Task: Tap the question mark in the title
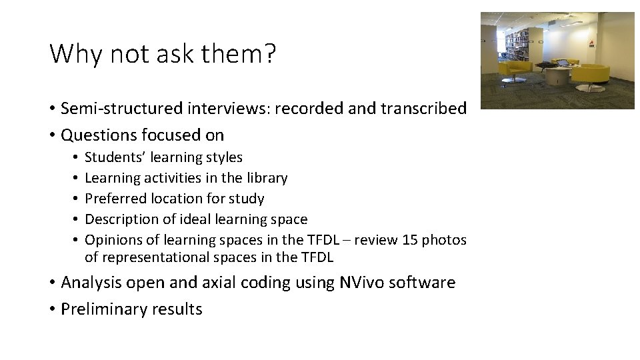pyautogui.click(x=269, y=54)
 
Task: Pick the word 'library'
pyautogui.click(x=267, y=178)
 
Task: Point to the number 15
pyautogui.click(x=411, y=240)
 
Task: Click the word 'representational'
pyautogui.click(x=153, y=257)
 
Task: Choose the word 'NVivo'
pyautogui.click(x=361, y=283)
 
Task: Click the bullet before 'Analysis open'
pyautogui.click(x=53, y=283)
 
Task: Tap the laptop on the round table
pyautogui.click(x=563, y=63)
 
